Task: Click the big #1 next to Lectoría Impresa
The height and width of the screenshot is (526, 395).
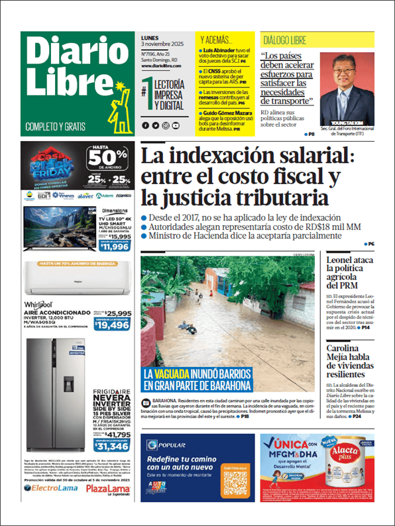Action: (146, 92)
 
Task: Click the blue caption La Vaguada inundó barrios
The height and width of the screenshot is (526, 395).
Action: (197, 380)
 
